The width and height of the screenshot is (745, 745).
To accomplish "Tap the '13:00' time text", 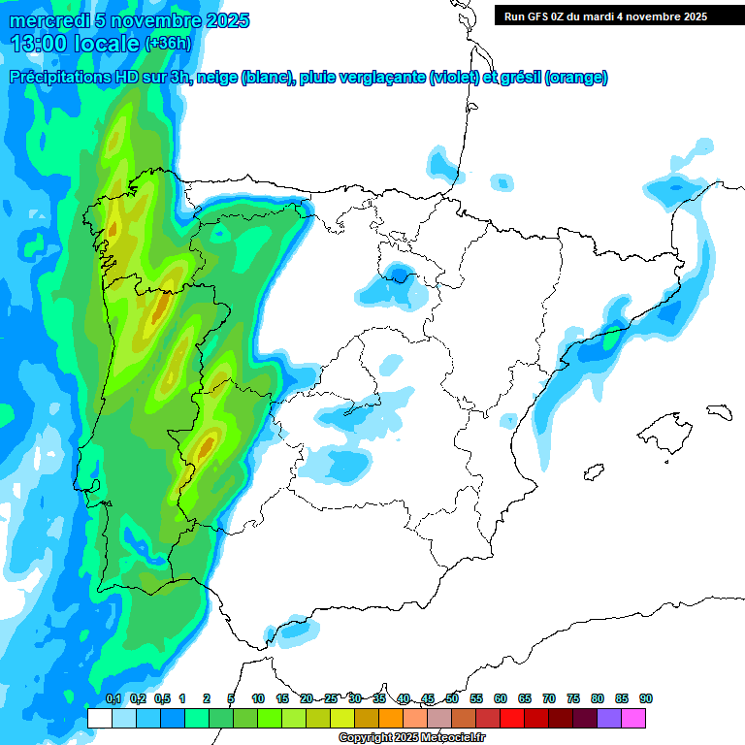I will click(x=40, y=43).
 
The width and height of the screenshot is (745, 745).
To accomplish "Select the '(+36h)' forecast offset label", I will click(x=168, y=44).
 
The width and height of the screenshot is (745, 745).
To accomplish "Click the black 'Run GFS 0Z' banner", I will click(x=619, y=16).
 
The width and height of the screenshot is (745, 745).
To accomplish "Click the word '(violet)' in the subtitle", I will click(x=454, y=78).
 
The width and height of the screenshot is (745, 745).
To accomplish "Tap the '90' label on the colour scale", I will click(x=646, y=698).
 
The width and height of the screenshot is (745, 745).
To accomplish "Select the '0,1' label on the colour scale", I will click(x=113, y=698).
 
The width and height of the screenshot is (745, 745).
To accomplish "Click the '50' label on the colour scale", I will click(x=452, y=698).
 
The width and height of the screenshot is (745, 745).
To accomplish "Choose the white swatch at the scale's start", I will click(x=99, y=718).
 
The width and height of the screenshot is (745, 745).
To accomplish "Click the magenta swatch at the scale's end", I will click(x=633, y=718).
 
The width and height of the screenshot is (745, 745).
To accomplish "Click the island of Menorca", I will click(x=718, y=411).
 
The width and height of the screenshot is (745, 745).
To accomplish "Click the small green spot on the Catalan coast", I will click(x=610, y=340).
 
